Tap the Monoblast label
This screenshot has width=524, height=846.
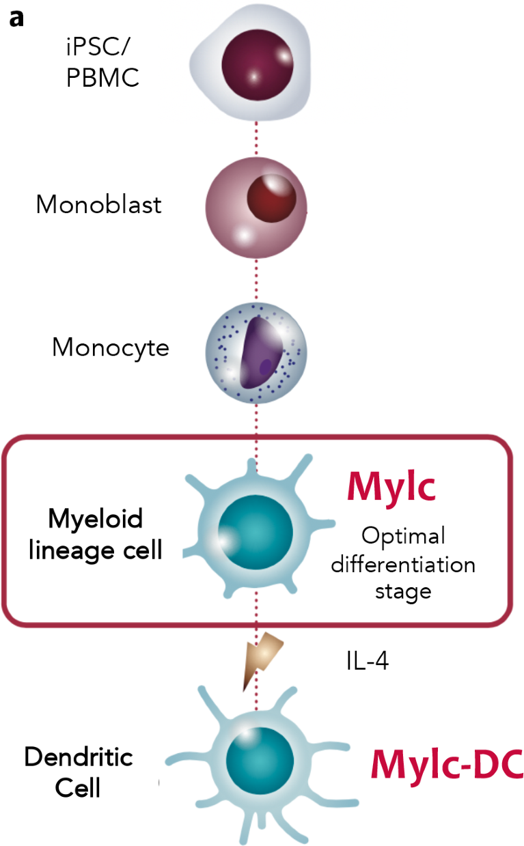98,204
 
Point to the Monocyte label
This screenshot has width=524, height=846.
111,348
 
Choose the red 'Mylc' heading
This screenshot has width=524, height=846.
391,485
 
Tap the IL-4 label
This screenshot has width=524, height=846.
366,662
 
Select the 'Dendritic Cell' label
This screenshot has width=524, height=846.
79,772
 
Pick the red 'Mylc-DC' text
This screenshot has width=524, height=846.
446,765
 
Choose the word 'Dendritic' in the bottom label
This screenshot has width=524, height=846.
79,757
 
